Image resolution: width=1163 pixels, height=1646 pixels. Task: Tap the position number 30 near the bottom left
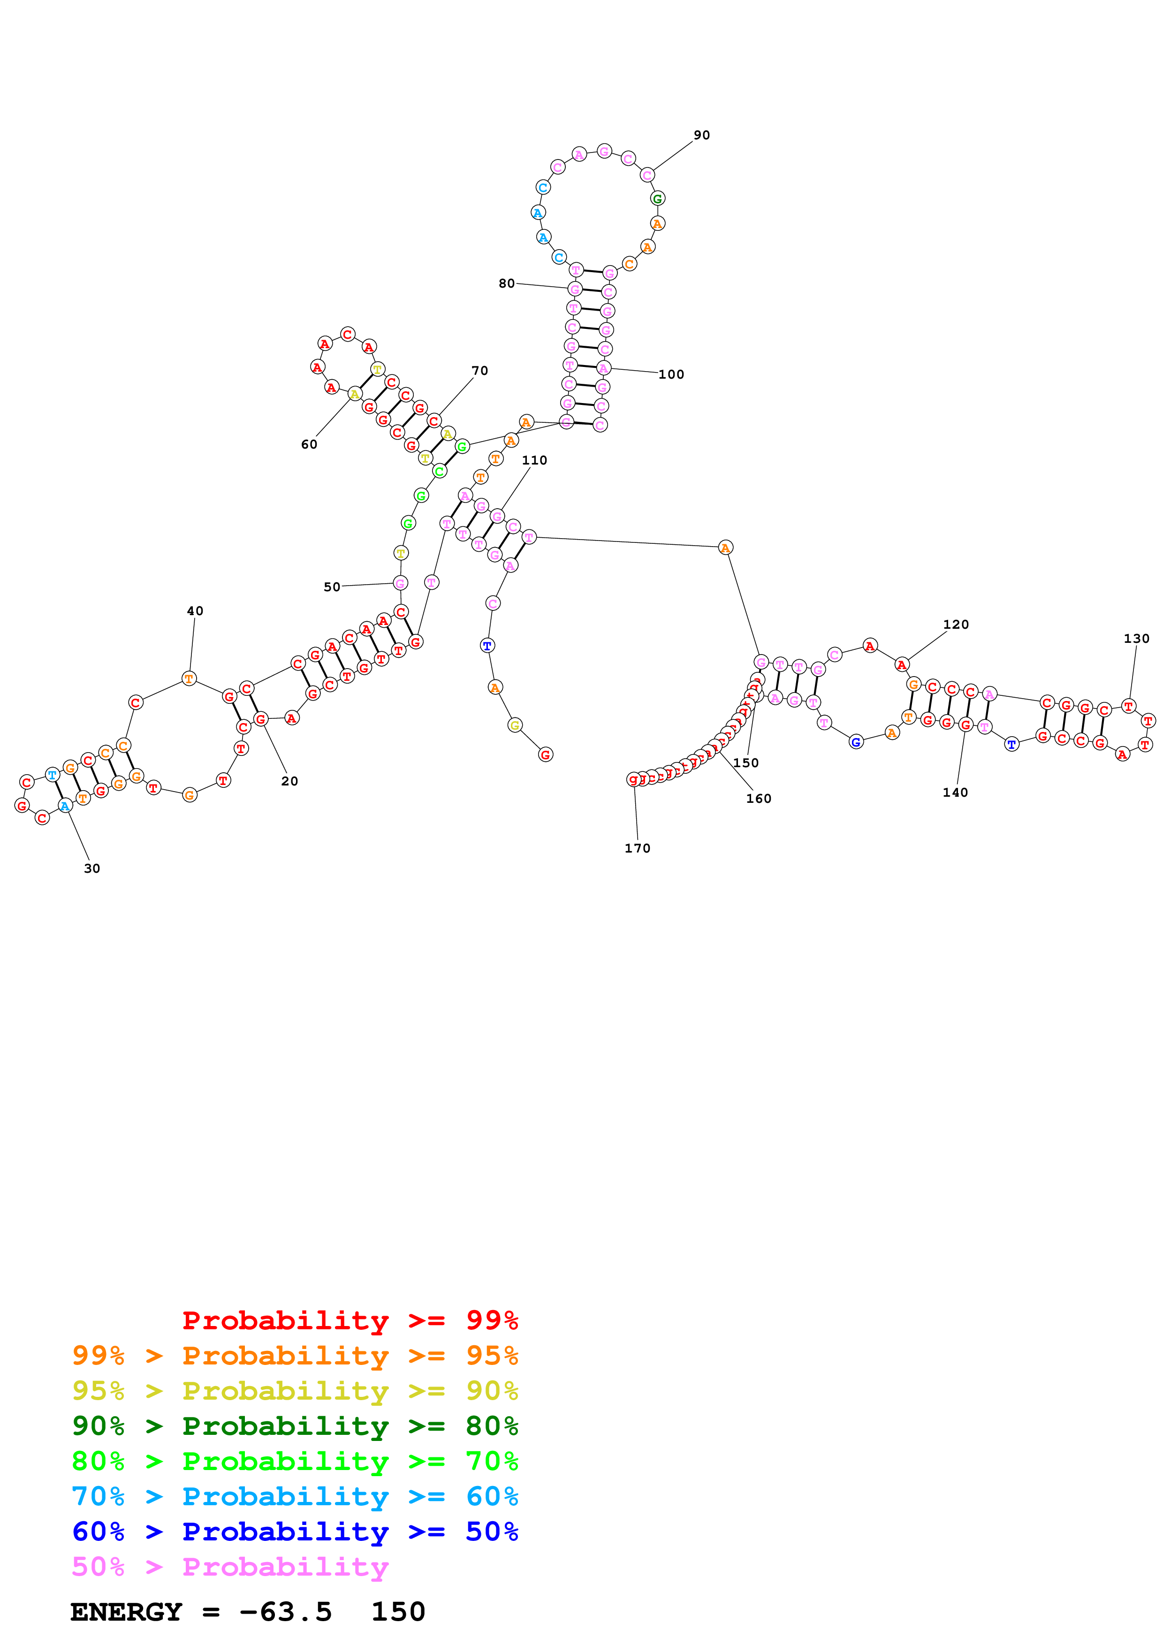[92, 868]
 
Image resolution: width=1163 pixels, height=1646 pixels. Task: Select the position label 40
[195, 611]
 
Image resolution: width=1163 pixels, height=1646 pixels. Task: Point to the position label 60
[309, 444]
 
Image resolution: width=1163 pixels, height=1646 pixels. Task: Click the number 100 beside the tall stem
[671, 374]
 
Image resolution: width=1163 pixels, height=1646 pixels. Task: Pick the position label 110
[534, 460]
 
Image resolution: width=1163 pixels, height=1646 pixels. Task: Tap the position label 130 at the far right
[1136, 639]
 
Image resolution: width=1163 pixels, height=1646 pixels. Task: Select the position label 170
[637, 848]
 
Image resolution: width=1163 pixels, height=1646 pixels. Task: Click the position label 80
[507, 283]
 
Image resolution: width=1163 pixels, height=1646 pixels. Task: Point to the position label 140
[955, 792]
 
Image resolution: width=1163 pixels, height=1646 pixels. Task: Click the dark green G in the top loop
[657, 198]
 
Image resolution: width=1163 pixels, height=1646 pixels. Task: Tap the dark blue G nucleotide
[856, 742]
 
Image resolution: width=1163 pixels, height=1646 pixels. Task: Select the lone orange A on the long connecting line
[725, 548]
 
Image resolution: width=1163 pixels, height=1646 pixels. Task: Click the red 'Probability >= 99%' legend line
[350, 1320]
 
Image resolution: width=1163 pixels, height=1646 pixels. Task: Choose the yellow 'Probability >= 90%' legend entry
[295, 1390]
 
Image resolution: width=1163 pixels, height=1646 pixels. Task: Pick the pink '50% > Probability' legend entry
[230, 1566]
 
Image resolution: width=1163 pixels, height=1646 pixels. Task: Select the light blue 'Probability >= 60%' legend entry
[295, 1496]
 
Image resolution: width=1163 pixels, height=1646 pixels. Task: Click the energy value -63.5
[285, 1612]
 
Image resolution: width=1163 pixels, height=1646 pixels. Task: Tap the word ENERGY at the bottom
[126, 1612]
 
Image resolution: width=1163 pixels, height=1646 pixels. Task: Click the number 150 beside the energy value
[398, 1612]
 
